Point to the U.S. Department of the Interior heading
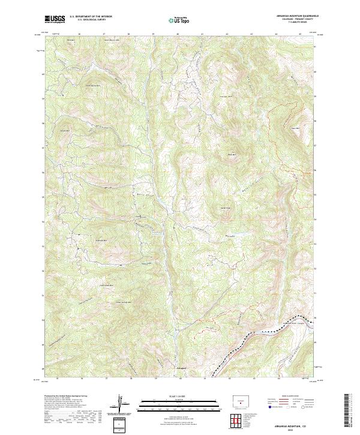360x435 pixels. (91, 16)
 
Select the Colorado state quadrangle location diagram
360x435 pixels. (239, 401)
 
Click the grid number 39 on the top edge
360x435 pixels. (154, 34)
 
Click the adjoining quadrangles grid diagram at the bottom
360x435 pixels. (238, 418)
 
